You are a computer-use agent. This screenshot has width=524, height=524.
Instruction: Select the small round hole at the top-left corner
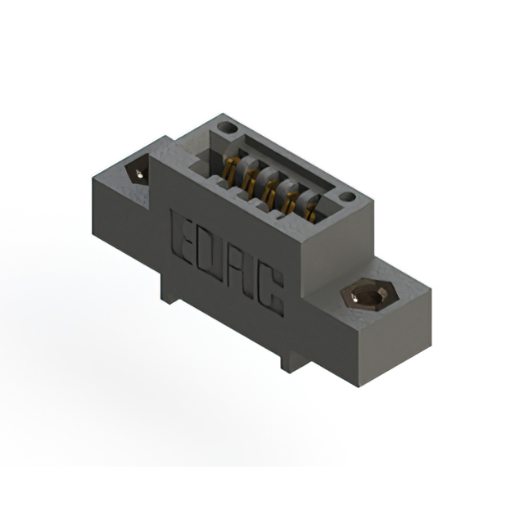click(x=228, y=128)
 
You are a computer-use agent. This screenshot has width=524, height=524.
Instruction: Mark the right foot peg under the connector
click(x=286, y=361)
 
